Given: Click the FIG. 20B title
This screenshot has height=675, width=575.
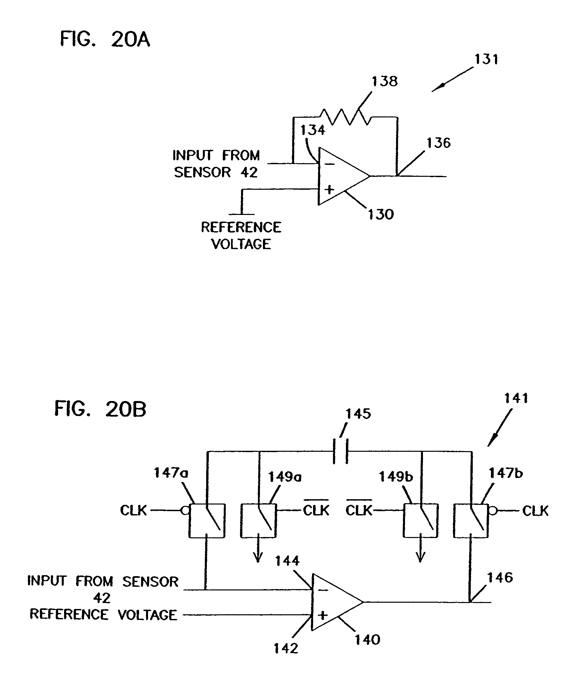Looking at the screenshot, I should pyautogui.click(x=100, y=409).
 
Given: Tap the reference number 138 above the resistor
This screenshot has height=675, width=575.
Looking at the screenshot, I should pyautogui.click(x=384, y=81).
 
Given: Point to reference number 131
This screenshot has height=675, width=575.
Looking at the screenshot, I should pyautogui.click(x=486, y=59).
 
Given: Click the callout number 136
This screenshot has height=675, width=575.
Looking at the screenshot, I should pyautogui.click(x=438, y=143).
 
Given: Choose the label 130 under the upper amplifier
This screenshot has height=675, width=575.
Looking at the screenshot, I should pyautogui.click(x=380, y=214).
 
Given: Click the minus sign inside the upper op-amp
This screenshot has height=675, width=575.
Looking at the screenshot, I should pyautogui.click(x=329, y=164).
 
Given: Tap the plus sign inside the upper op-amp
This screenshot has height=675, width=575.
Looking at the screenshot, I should pyautogui.click(x=329, y=190).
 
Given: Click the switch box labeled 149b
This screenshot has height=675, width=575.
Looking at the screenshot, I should pyautogui.click(x=420, y=520).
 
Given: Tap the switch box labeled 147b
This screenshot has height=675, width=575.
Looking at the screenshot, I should pyautogui.click(x=471, y=520).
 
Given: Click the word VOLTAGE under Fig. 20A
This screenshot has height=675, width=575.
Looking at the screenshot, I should pyautogui.click(x=241, y=244).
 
